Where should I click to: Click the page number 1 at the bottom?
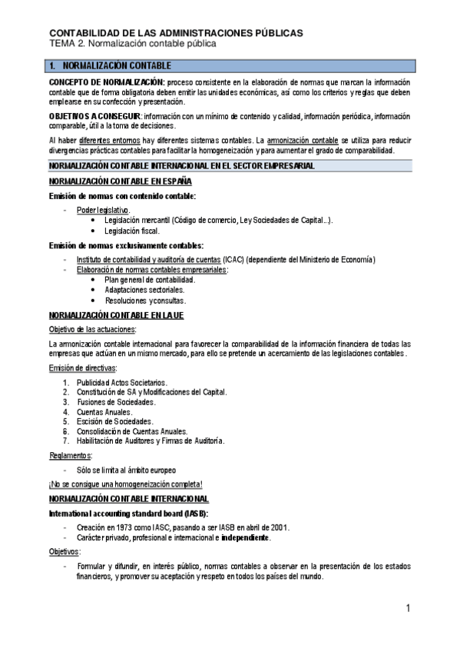tap(409, 609)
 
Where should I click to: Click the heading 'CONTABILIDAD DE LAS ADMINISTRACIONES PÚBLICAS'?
tap(176, 33)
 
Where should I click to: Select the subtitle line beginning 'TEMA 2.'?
tap(133, 44)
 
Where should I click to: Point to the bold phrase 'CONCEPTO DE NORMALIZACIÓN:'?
tap(107, 82)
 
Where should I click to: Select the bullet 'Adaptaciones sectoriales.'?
tap(144, 290)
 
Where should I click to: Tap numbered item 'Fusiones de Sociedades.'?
tap(116, 402)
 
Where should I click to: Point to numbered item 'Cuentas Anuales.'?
tap(104, 412)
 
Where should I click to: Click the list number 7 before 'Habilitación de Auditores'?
tap(66, 441)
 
